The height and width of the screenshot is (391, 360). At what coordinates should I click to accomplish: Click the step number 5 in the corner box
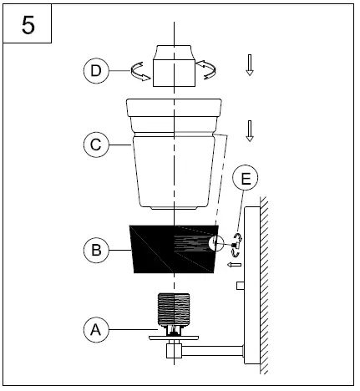(28, 25)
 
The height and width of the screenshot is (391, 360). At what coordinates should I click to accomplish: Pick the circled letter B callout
(96, 248)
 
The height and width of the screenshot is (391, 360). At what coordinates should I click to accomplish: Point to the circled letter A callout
(97, 328)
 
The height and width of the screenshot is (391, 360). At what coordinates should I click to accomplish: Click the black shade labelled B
(167, 249)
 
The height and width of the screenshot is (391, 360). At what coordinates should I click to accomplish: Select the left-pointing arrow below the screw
(235, 265)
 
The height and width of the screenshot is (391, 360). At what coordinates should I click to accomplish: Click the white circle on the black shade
(215, 244)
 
